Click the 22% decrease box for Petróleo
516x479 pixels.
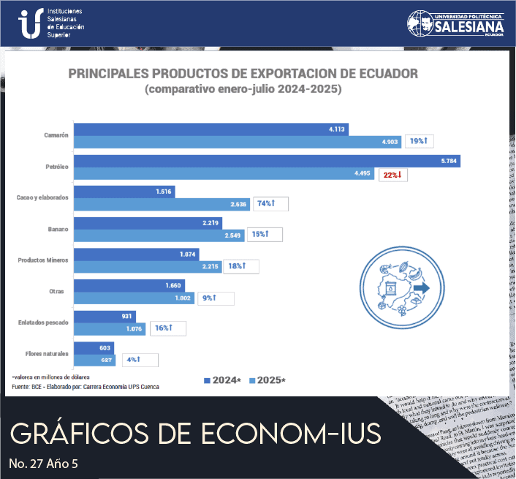(x=392, y=174)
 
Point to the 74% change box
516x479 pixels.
(x=270, y=204)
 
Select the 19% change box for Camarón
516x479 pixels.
(x=422, y=141)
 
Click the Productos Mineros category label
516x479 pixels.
(x=42, y=260)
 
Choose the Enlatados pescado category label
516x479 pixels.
(x=42, y=323)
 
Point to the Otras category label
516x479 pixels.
(x=56, y=291)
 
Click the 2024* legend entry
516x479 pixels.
(x=222, y=380)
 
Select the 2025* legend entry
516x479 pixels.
(x=268, y=380)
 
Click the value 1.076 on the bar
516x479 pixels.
(x=135, y=328)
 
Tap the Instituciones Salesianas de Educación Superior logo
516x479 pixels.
(x=51, y=24)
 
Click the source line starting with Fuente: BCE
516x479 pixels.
(x=85, y=385)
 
